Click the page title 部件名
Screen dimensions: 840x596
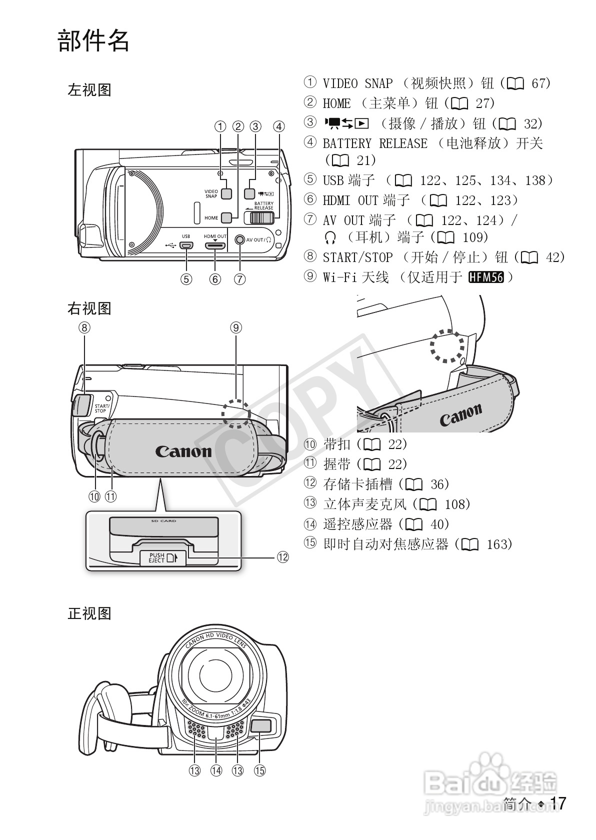[93, 41]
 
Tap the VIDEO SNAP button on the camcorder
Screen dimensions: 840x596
[226, 193]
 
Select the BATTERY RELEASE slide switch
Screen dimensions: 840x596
[259, 217]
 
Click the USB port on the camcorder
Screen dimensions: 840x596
[187, 245]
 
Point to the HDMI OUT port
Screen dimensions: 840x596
[215, 245]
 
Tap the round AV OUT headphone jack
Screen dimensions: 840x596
[240, 240]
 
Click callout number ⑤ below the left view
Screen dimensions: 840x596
[186, 279]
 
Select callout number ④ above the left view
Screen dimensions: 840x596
[279, 126]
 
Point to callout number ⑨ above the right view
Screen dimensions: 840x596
[236, 327]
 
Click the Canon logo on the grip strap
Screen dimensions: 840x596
[183, 451]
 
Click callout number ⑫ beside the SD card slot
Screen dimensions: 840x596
[282, 557]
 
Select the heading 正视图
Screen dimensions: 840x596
[89, 613]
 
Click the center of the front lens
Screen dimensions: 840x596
[215, 675]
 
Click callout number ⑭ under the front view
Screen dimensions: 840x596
[216, 770]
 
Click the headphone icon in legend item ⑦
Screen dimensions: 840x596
[329, 237]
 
